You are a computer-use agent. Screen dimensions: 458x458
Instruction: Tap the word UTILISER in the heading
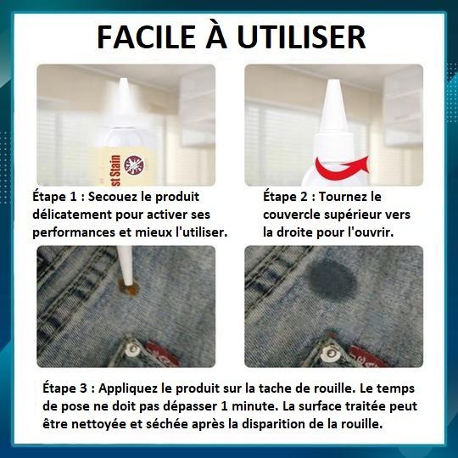point(301,36)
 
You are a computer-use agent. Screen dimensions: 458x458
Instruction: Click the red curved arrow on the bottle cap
point(343,168)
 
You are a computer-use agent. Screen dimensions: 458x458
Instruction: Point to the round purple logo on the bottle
point(134,165)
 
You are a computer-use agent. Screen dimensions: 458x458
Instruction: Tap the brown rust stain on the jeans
point(129,288)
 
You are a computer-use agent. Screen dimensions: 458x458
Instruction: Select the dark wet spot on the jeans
point(332,278)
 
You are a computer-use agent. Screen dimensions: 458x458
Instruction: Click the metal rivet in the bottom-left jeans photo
point(133,349)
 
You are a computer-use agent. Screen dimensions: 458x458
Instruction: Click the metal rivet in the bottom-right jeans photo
point(329,354)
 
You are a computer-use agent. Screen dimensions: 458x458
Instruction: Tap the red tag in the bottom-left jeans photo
point(161,354)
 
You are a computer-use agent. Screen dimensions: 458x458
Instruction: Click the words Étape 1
point(54,197)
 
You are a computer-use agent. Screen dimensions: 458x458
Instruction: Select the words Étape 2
point(285,197)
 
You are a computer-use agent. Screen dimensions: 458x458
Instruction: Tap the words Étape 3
point(64,388)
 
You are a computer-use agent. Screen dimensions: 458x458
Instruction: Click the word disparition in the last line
point(275,424)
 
